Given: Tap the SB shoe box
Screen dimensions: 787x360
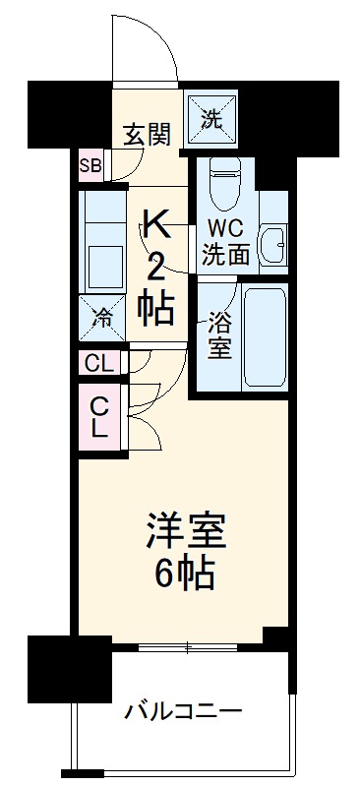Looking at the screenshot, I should [91, 164].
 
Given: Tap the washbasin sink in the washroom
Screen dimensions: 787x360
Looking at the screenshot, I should [272, 240].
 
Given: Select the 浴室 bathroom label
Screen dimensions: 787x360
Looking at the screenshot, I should [218, 334].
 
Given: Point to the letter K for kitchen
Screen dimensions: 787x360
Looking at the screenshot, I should [156, 225].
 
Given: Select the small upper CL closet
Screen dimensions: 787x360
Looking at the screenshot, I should [99, 363].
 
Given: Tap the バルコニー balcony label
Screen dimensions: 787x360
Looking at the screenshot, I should [182, 711].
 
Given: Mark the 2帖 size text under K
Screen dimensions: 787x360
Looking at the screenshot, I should [156, 290].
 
